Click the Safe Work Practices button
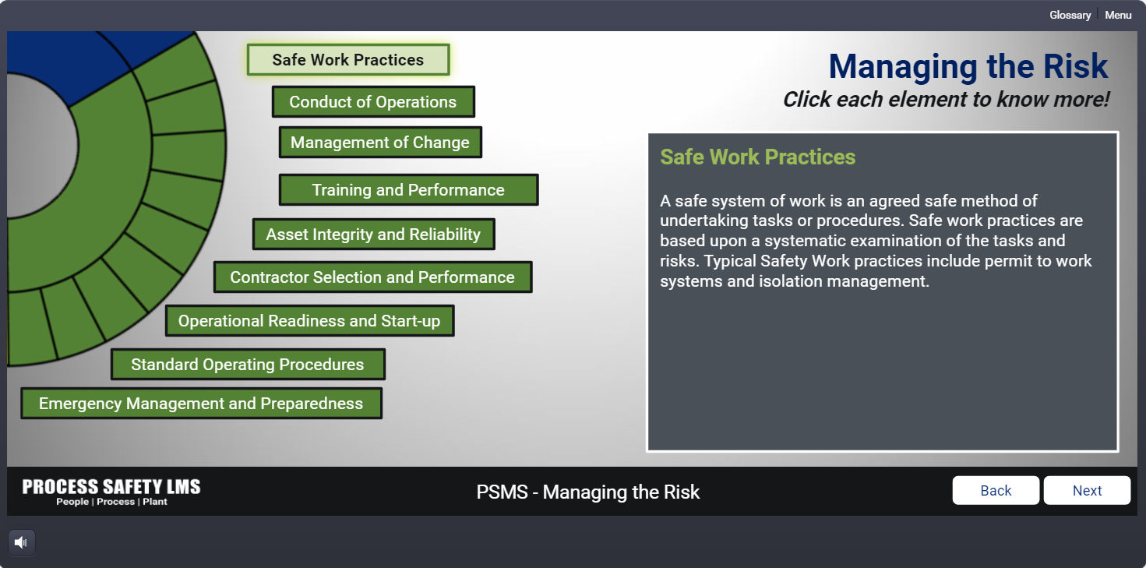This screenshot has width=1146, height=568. pos(348,60)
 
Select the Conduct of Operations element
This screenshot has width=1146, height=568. pos(373,102)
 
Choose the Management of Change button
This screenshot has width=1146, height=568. pos(380,143)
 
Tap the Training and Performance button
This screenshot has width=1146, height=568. pos(408,190)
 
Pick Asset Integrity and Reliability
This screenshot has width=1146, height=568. pos(373,235)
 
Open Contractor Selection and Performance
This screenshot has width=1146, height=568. pos(372,277)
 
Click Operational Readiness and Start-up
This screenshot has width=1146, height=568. pos(309,321)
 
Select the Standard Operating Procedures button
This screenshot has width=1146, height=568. pos(248,365)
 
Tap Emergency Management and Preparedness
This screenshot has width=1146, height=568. pos(201,404)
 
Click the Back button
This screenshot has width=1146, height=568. pos(996,490)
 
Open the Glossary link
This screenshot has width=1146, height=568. pos(1070,15)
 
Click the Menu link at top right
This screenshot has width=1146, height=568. pos(1118,15)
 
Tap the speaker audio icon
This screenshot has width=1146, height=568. pos(22,542)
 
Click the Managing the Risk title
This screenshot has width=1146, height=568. pos(968,66)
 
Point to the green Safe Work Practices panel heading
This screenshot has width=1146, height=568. pos(757,157)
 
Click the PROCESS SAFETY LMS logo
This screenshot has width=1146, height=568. pos(111,492)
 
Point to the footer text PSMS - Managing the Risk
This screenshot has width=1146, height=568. pos(588,492)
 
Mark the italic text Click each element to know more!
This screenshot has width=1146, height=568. pos(946,99)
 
